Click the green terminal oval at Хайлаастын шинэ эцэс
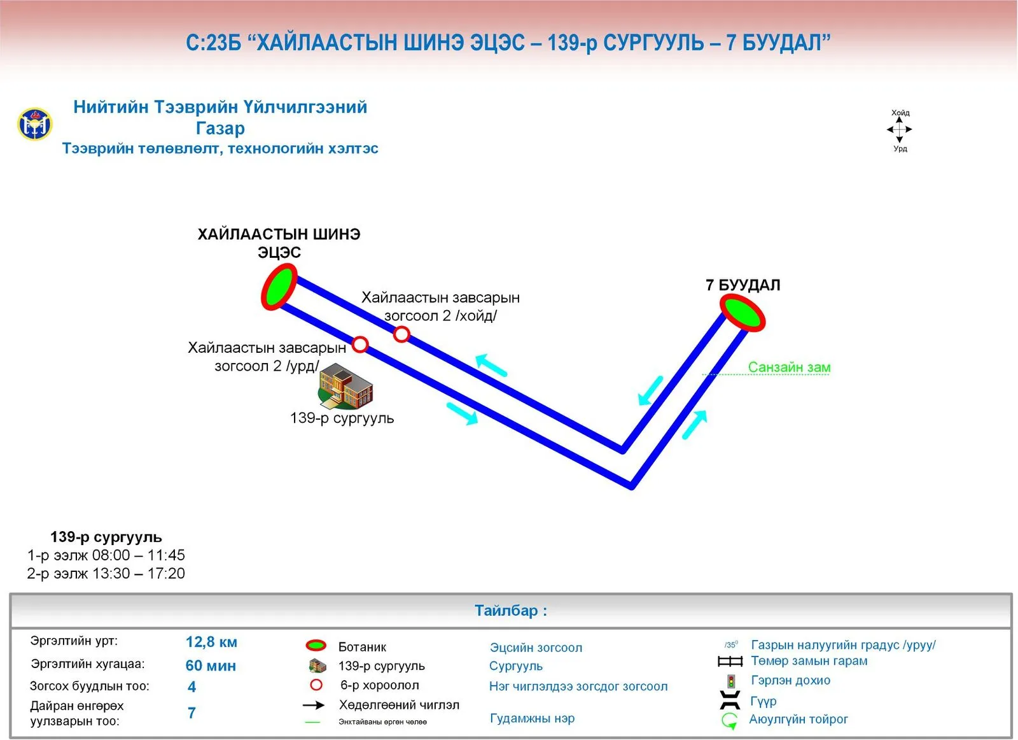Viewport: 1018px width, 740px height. coord(279,287)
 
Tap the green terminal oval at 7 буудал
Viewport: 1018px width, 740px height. coord(743,313)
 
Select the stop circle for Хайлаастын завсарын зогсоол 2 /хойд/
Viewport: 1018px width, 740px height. coord(401,334)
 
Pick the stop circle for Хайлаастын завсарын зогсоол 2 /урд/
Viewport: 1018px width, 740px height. coord(360,345)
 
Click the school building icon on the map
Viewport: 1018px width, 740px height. coord(345,386)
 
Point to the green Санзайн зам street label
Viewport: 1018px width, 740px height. coord(789,367)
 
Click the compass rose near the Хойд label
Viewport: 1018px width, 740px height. coord(900,130)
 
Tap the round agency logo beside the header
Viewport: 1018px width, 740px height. coord(35,124)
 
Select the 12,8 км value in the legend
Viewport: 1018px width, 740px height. coord(211,642)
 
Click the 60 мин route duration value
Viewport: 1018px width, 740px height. coord(211,665)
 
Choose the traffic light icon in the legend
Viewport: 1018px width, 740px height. coord(731,681)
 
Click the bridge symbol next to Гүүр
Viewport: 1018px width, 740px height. coord(730,700)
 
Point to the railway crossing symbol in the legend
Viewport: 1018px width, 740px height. coord(730,661)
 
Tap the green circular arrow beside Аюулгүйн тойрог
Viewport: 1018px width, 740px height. coord(729,720)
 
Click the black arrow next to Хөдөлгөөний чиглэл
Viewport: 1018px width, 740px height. coord(314,705)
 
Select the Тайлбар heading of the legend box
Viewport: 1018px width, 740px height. coord(511,610)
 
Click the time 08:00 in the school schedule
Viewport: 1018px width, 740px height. coord(111,555)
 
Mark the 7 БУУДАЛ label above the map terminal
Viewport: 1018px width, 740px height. coord(743,285)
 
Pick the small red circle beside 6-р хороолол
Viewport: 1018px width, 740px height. coord(316,685)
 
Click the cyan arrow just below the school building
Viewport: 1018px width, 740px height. coord(462,414)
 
